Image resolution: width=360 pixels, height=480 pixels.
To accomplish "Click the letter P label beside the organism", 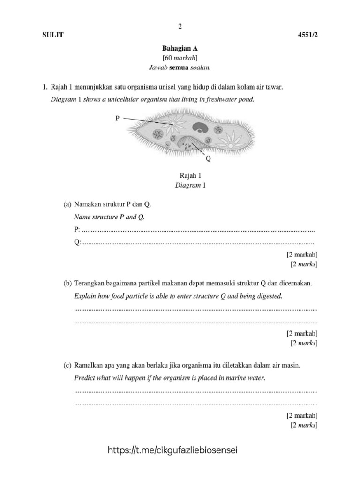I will click(118, 119).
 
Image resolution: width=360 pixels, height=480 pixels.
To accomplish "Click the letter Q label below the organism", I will click(209, 158).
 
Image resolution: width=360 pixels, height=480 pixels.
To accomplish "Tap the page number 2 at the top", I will click(180, 26).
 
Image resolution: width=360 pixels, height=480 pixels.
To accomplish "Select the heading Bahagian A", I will click(180, 49).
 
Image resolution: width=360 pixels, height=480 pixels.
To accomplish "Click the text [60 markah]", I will click(180, 58).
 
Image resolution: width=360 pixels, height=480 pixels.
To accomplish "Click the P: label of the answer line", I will click(77, 230).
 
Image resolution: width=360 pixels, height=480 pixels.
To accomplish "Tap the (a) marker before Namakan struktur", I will click(68, 205).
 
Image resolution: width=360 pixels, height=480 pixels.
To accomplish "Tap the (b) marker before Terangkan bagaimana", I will click(68, 284).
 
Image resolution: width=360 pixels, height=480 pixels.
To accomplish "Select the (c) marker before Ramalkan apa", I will click(68, 365).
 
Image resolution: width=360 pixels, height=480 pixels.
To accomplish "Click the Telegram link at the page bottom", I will click(173, 450).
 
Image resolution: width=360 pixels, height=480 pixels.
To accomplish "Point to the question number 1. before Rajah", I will click(45, 87).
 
